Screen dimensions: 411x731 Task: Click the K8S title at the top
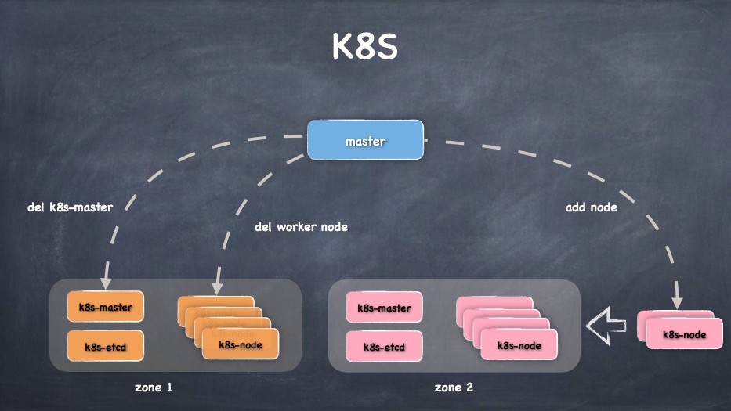[x=365, y=47]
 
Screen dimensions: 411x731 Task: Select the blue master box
[x=365, y=140]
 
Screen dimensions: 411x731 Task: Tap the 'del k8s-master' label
[x=70, y=207]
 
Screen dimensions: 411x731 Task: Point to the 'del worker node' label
[x=301, y=227]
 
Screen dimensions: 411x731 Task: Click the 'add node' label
[x=591, y=207]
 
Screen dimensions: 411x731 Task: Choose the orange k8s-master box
[x=106, y=307]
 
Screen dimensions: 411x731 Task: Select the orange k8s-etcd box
[x=106, y=345]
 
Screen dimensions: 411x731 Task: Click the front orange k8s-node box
[x=240, y=344]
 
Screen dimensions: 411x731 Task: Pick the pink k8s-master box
[x=384, y=307]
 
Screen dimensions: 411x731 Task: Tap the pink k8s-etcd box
[x=384, y=345]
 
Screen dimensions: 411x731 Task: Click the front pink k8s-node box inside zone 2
[x=519, y=344]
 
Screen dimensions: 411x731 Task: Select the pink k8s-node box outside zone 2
[x=684, y=334]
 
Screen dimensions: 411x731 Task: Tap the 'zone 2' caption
[x=454, y=387]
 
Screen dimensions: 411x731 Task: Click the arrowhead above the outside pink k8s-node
[x=677, y=300]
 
